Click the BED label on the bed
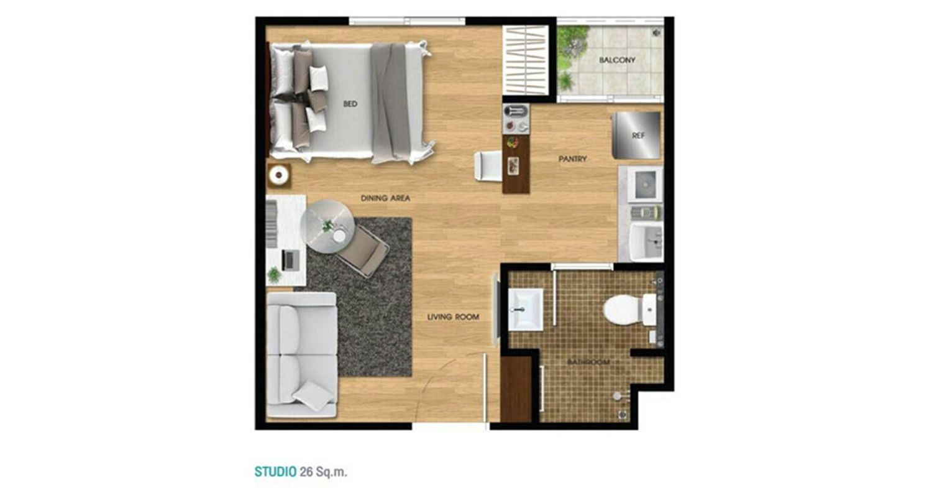(350, 104)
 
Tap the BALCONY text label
(617, 60)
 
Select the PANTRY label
(572, 159)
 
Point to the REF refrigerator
(636, 136)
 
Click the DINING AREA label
(385, 198)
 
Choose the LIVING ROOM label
(453, 317)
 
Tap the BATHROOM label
(588, 362)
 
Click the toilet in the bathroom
(629, 310)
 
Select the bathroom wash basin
(526, 310)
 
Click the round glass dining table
(327, 226)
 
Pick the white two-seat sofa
(301, 355)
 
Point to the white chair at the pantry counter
(488, 166)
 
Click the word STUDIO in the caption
(275, 472)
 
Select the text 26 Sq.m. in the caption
(323, 472)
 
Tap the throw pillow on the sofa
(313, 395)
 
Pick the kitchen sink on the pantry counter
(644, 185)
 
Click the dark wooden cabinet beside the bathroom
(516, 389)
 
